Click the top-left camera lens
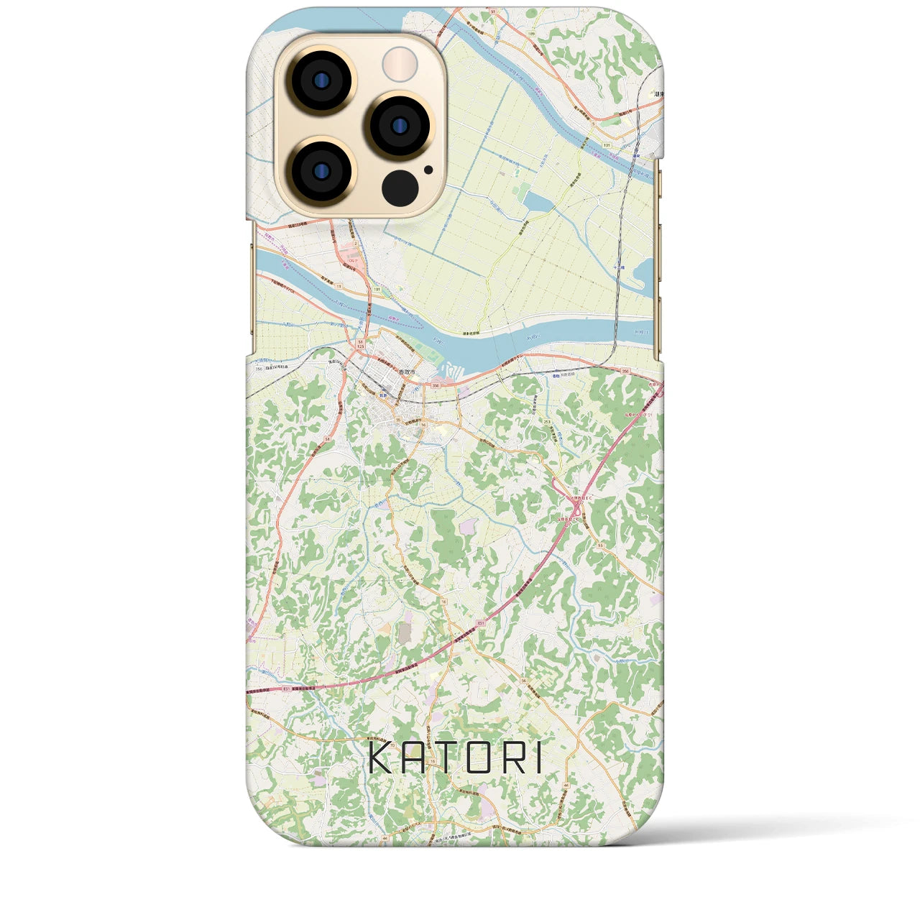coord(321,81)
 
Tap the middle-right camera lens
coord(400,126)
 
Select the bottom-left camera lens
coord(321,172)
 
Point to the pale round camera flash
coord(400,65)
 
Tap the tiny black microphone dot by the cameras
coord(428,170)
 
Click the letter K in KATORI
coord(381,758)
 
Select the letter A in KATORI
coord(416,758)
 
